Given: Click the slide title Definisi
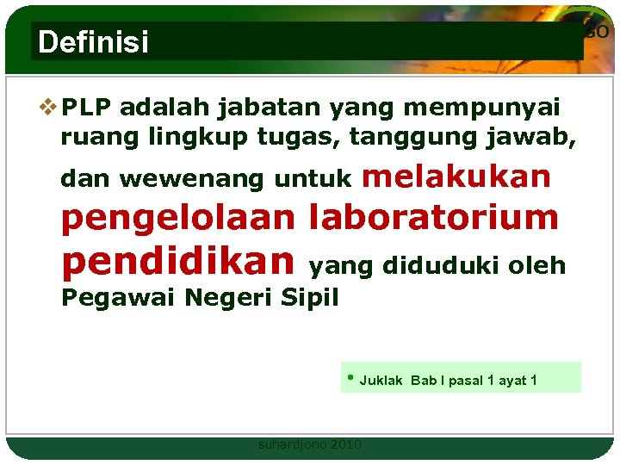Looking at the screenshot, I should click(93, 42).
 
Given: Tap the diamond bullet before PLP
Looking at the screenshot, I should click(50, 108).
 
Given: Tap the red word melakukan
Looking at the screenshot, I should click(456, 176).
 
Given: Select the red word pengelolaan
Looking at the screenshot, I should click(177, 219).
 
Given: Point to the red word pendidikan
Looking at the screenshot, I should click(178, 259).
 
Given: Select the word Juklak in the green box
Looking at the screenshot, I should click(381, 381).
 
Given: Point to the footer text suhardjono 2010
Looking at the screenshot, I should click(310, 444).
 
